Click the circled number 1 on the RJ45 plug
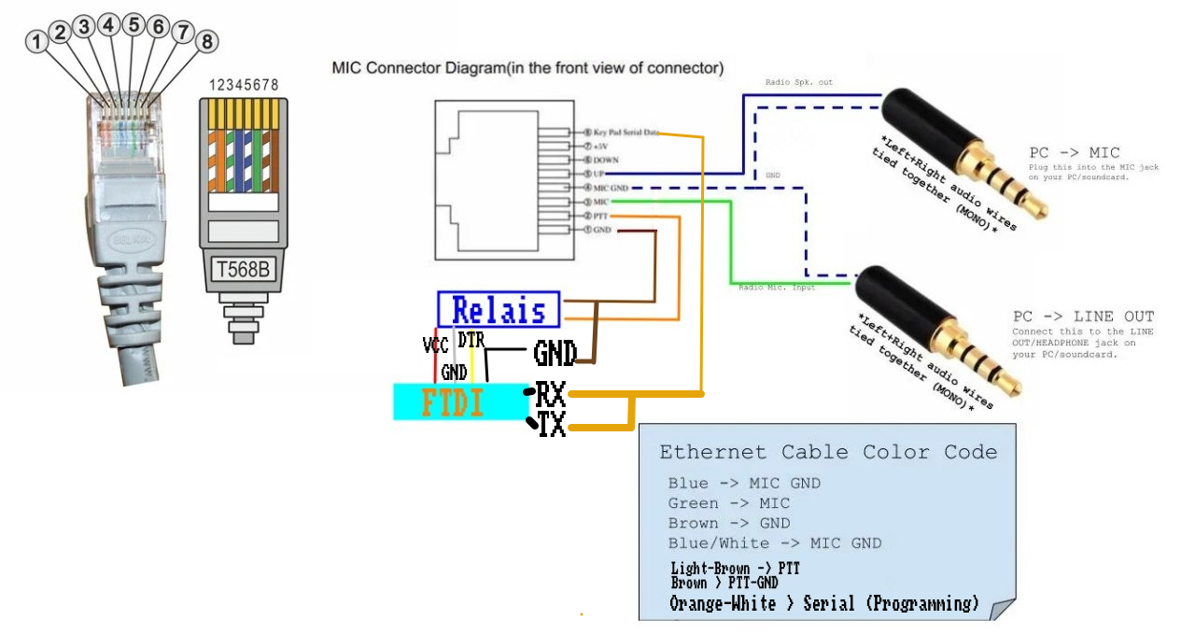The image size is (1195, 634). [x=36, y=42]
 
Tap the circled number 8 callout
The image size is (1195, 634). [x=206, y=41]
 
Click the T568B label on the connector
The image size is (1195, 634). [x=243, y=270]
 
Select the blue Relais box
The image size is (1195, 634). [x=499, y=310]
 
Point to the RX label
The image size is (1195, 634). [x=550, y=395]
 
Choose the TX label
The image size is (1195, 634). [x=552, y=426]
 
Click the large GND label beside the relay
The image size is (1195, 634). [x=555, y=353]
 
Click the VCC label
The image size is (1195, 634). [x=435, y=345]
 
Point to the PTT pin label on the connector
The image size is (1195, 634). [x=601, y=216]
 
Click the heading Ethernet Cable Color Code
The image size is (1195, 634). [x=828, y=453]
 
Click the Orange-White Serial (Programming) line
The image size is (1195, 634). [x=824, y=603]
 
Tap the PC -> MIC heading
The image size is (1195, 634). [x=1074, y=152]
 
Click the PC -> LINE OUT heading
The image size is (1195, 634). [x=1083, y=317]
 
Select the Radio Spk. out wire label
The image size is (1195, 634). [x=798, y=83]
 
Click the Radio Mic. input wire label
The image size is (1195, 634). [x=777, y=288]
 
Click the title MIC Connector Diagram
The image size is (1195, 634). [x=527, y=68]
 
